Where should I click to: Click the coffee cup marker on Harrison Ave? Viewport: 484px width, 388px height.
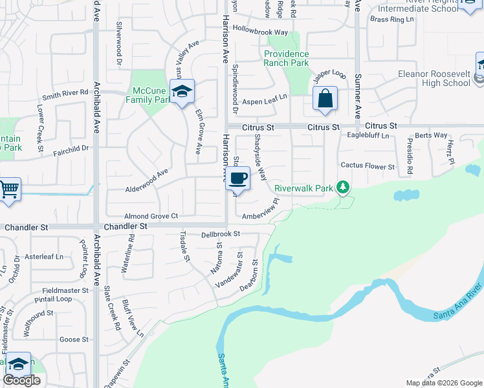click(238, 178)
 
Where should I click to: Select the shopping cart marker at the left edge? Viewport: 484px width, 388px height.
click(9, 189)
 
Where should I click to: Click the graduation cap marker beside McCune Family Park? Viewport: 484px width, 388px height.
click(182, 91)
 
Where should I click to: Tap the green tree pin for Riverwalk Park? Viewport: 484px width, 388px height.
click(343, 188)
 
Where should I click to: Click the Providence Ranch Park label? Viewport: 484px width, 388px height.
click(286, 59)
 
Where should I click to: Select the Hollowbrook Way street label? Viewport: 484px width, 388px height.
click(260, 31)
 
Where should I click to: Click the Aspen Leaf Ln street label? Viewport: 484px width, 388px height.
click(264, 102)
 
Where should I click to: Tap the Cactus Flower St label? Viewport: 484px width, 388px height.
click(368, 167)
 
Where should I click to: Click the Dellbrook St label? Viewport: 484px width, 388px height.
click(221, 233)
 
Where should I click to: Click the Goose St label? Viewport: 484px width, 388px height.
click(73, 339)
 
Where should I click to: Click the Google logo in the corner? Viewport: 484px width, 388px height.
click(23, 380)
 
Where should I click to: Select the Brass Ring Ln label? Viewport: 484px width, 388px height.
click(391, 19)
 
